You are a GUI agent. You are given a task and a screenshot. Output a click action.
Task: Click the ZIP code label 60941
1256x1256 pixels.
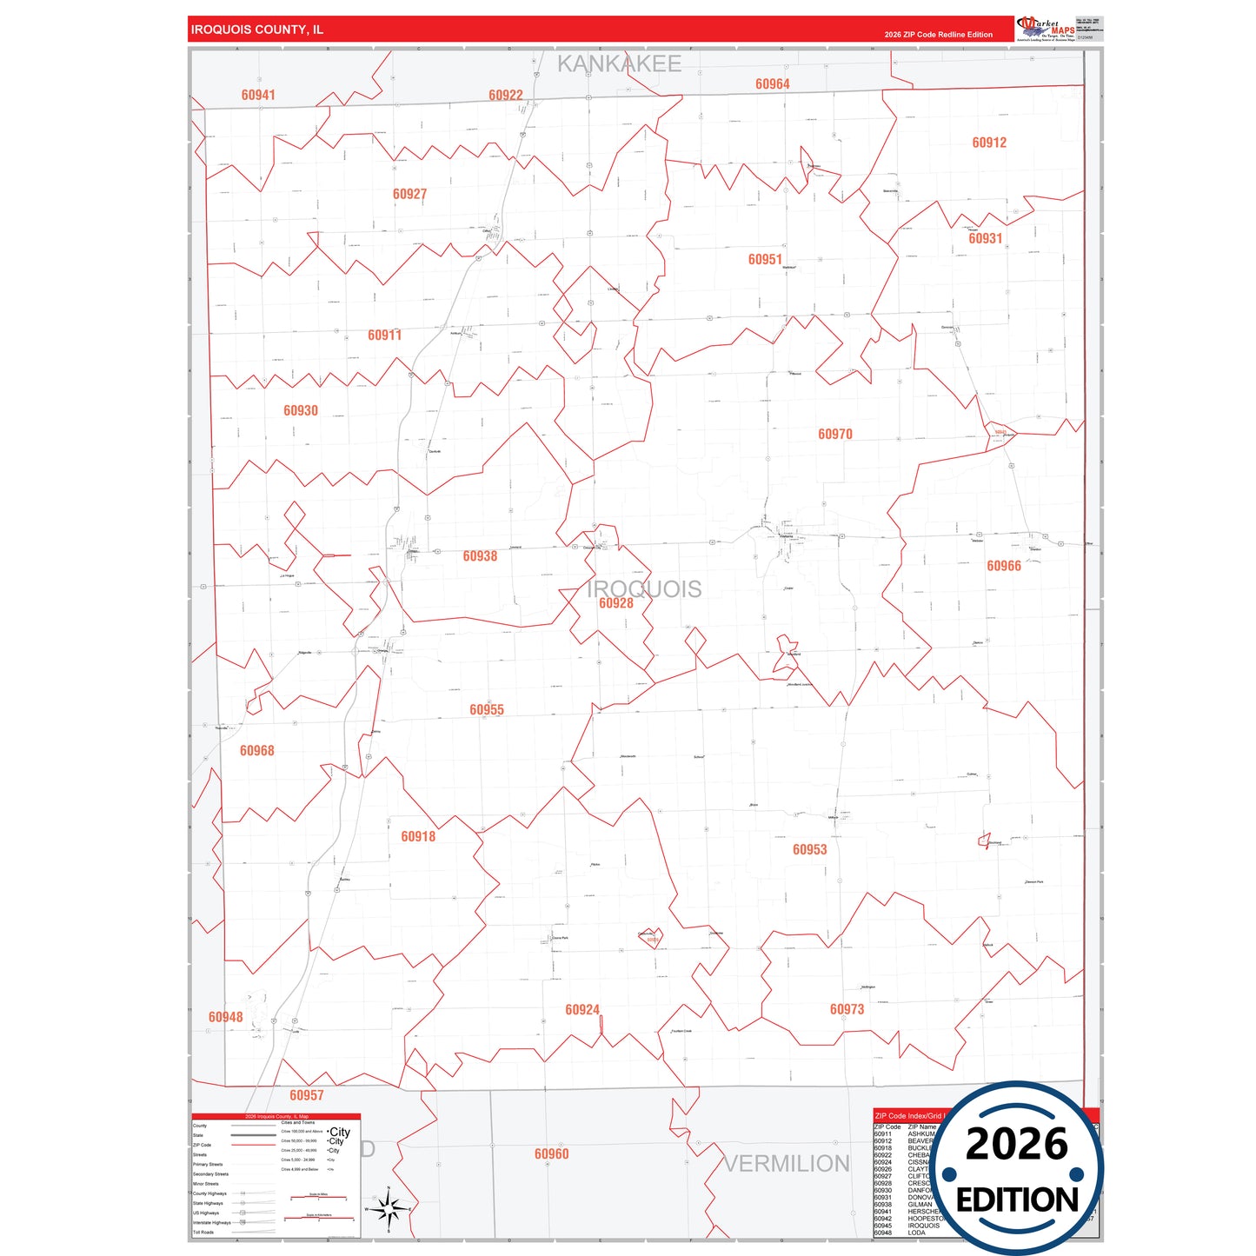coord(258,95)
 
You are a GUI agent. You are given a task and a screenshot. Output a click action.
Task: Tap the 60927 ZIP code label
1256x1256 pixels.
coord(409,194)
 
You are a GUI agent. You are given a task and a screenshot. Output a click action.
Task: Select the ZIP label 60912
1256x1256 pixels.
coord(989,143)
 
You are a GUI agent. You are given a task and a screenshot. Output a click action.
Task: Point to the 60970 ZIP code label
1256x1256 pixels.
coord(835,434)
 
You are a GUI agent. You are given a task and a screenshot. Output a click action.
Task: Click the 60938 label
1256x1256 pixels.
coord(480,555)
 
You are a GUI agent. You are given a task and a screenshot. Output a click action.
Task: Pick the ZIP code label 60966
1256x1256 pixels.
coord(1004,566)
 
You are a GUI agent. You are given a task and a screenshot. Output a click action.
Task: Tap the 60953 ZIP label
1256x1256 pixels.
coord(810,849)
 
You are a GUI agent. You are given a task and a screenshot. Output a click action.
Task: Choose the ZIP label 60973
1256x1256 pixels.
coord(847,1009)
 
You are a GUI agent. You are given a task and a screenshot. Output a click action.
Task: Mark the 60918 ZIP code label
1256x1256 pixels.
coord(418,836)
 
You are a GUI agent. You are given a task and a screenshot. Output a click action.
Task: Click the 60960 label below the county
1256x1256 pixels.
coord(552,1153)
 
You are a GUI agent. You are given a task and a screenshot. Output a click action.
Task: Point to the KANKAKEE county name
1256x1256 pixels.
coord(619,63)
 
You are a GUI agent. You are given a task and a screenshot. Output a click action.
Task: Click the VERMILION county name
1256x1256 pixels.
coord(787,1164)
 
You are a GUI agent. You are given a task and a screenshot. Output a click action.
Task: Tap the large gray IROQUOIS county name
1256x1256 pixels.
coord(644,588)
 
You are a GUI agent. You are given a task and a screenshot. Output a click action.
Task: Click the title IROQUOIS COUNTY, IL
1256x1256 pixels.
coord(257,30)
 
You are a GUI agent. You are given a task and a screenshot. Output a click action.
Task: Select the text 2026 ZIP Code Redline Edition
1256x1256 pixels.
coord(938,35)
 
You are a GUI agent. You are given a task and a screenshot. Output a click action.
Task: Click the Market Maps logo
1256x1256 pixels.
coord(1046,29)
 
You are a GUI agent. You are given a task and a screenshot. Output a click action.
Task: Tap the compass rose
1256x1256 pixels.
coord(389,1208)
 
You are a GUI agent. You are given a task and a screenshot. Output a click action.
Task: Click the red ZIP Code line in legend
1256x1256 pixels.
coord(253,1145)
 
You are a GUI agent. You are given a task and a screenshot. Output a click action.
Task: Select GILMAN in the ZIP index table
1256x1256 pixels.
coord(920,1205)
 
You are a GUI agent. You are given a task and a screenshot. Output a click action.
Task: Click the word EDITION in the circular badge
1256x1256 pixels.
coord(1017,1200)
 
